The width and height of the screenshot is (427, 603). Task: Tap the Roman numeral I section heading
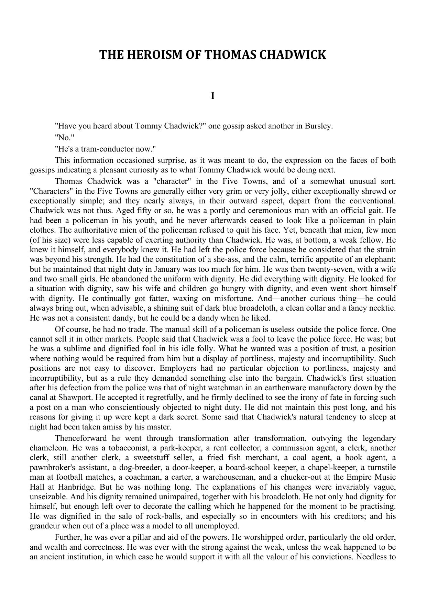(x=213, y=96)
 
